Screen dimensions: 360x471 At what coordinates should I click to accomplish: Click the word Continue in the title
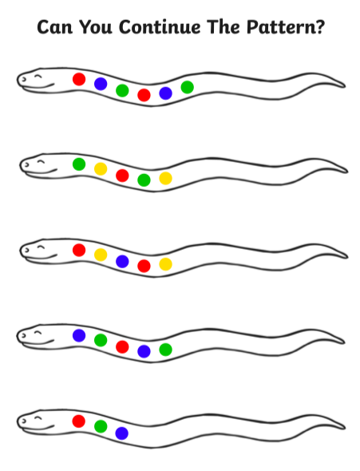[160, 27]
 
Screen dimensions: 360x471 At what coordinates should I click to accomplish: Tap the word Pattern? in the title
[286, 27]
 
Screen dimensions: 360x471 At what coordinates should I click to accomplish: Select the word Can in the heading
[54, 27]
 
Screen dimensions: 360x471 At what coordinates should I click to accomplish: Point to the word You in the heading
[96, 27]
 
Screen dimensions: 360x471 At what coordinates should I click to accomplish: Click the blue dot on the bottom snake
[122, 433]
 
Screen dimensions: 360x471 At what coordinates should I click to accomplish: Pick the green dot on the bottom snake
[101, 426]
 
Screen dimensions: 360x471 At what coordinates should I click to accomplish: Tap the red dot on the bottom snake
[79, 422]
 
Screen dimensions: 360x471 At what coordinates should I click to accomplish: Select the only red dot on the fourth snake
[122, 346]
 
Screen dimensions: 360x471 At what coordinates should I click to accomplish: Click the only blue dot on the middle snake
[122, 261]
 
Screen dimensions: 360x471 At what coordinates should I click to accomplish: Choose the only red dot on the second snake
[122, 176]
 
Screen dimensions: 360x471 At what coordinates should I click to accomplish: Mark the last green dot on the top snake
[188, 87]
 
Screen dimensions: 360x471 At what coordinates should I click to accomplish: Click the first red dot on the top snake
[79, 79]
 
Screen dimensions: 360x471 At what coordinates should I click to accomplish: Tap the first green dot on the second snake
[79, 164]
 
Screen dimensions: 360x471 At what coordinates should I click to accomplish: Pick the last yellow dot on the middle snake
[165, 264]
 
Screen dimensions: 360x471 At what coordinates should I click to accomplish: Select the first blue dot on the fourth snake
[79, 335]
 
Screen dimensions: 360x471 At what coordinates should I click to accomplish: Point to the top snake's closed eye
[38, 76]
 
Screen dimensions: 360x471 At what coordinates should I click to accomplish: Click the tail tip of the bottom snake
[345, 428]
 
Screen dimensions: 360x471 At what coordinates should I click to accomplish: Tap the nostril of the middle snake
[26, 250]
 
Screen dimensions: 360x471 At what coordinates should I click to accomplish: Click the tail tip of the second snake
[348, 172]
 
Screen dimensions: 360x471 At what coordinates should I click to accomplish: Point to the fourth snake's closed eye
[38, 333]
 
